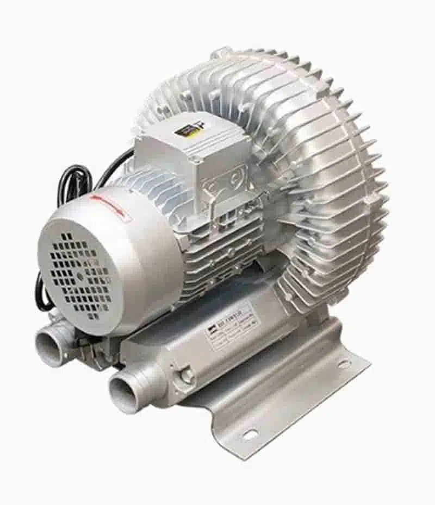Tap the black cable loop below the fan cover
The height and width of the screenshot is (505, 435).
(43, 296)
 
